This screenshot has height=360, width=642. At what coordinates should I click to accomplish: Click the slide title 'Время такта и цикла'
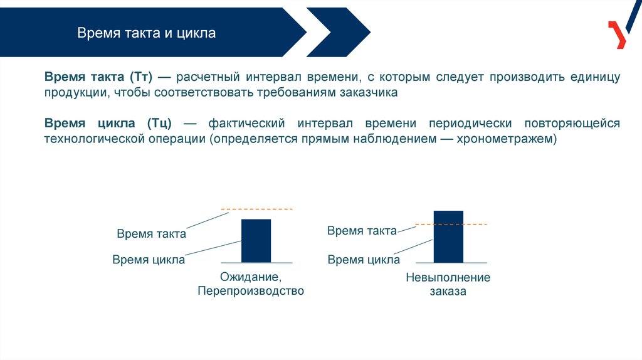click(147, 33)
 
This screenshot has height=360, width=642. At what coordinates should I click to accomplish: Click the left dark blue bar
click(256, 240)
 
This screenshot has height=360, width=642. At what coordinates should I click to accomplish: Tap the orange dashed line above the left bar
click(257, 208)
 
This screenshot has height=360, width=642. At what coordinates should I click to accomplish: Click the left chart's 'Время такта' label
click(151, 234)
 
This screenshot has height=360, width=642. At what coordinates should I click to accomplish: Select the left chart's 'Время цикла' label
click(149, 260)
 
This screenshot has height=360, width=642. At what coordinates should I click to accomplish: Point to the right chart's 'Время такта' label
click(362, 231)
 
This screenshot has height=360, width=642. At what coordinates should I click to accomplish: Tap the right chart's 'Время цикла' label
click(364, 260)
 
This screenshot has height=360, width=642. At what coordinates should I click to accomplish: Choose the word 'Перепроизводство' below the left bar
click(251, 291)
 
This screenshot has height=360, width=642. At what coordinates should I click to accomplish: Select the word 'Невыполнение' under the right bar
click(448, 277)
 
